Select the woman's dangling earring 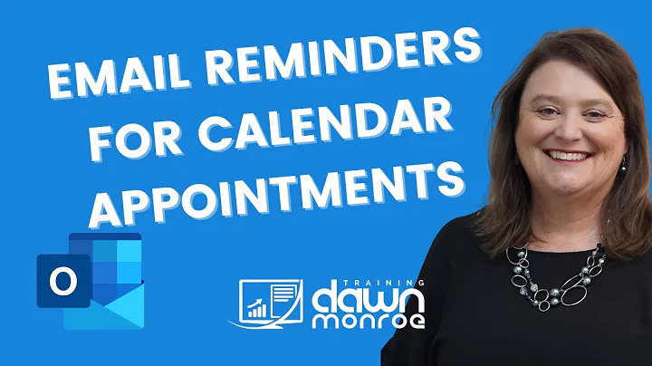[x=623, y=169]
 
